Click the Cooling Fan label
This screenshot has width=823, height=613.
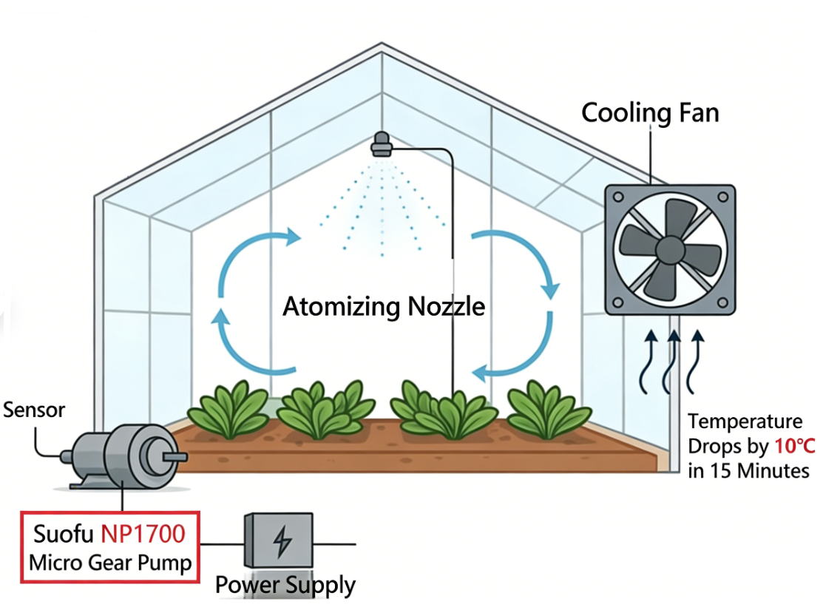coord(650,113)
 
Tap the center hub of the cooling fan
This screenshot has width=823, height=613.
coord(670,248)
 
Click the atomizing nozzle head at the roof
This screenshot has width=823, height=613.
coord(382,145)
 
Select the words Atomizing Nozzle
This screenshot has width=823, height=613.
coord(384,305)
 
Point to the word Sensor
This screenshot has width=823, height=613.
coord(34,410)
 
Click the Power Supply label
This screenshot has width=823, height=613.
coord(285,586)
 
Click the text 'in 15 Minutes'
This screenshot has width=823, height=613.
coord(748,470)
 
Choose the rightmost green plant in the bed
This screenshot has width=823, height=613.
coord(547,409)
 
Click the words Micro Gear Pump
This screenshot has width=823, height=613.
coord(110,563)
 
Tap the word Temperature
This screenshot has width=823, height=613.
coord(745,421)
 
